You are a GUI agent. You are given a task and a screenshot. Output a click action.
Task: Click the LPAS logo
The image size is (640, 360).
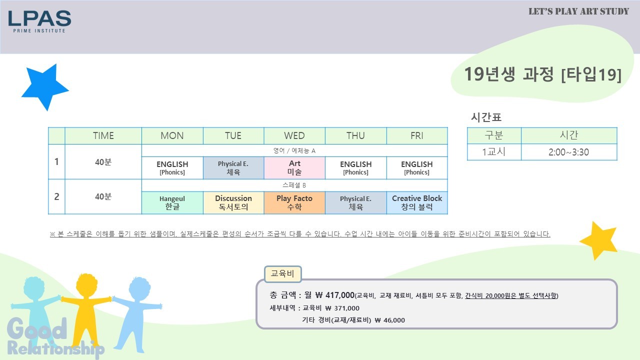click(39, 21)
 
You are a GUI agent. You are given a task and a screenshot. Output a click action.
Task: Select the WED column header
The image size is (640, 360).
click(294, 135)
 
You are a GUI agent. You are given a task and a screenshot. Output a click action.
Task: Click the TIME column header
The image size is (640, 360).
click(103, 135)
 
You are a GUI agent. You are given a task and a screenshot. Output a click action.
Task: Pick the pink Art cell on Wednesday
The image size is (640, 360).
click(294, 167)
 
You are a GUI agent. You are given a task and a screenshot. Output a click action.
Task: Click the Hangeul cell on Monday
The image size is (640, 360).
click(172, 202)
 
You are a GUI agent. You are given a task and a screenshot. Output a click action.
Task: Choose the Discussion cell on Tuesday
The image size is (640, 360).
click(233, 202)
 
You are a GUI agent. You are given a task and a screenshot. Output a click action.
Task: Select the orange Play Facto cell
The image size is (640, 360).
click(294, 202)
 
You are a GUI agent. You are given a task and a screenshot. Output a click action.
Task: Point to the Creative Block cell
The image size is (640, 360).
click(417, 202)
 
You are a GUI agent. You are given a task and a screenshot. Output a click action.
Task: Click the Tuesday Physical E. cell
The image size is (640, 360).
click(233, 167)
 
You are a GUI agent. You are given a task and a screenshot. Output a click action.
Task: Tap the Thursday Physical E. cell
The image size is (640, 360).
click(355, 202)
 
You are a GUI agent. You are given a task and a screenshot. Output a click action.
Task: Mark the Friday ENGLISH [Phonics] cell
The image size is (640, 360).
click(417, 167)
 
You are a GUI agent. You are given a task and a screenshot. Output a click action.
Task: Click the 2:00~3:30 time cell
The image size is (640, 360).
click(569, 152)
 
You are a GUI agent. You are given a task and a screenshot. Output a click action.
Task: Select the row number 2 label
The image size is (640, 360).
click(56, 196)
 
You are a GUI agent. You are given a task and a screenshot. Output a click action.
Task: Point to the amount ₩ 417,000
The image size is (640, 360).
click(335, 295)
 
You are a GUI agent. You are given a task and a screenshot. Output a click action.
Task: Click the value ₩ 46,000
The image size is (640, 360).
click(389, 320)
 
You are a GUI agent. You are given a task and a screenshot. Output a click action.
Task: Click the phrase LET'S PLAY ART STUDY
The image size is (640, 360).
click(578, 11)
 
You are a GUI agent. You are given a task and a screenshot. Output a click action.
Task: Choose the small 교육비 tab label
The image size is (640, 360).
click(282, 273)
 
